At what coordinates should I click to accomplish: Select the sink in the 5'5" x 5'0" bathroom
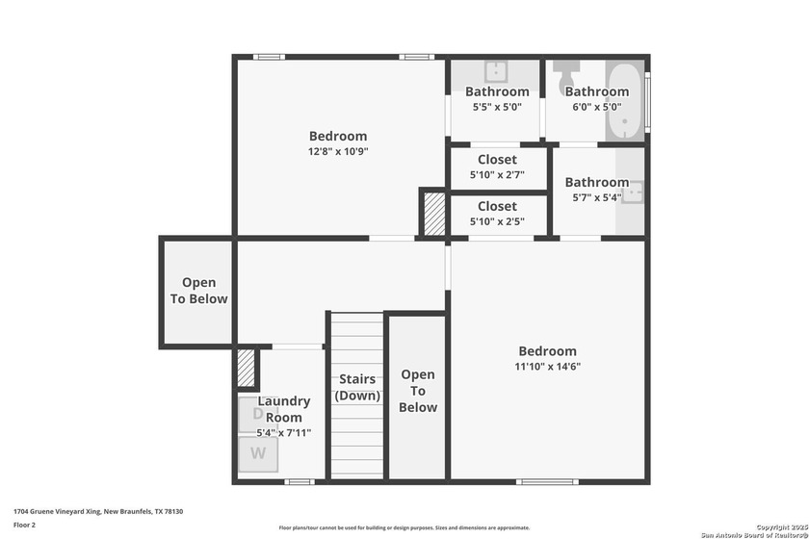[x=496, y=71]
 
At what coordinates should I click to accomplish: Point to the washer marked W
[x=257, y=453]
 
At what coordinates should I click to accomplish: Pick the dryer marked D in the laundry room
[x=257, y=414]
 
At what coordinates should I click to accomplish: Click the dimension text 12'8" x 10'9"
[x=337, y=151]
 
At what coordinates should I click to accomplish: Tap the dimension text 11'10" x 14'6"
[x=548, y=366]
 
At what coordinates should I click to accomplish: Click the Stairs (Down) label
[x=357, y=387]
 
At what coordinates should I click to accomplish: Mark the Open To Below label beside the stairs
[x=417, y=391]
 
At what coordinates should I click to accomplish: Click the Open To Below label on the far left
[x=198, y=291]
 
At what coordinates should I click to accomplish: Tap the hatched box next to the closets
[x=433, y=213]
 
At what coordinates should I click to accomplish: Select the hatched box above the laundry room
[x=247, y=367]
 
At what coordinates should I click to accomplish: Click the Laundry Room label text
[x=284, y=409]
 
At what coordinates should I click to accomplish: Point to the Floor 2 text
[x=24, y=525]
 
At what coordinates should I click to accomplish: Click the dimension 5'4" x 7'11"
[x=284, y=433]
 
